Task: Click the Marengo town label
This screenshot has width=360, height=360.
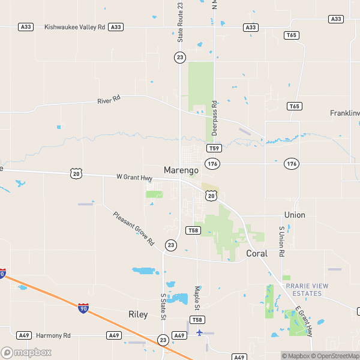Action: [x=181, y=170]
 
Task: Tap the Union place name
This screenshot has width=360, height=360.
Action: [x=295, y=215]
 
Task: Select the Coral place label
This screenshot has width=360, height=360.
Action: [x=257, y=253]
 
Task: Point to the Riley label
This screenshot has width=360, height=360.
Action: [x=138, y=314]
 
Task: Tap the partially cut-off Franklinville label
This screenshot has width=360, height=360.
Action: [x=344, y=113]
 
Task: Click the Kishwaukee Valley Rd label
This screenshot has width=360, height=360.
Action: [x=70, y=27]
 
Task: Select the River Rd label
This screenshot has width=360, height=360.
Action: [x=109, y=100]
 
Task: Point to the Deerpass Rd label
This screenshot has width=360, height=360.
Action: [x=214, y=118]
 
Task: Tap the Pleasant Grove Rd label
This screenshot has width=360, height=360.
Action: [x=134, y=229]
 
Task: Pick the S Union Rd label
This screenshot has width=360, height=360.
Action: [x=281, y=241]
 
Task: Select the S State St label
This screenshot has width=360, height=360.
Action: [x=162, y=307]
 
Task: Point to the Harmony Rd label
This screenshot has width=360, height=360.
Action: [x=53, y=335]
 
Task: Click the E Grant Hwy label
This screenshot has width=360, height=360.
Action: [x=304, y=321]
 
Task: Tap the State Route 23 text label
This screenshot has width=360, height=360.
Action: [x=180, y=22]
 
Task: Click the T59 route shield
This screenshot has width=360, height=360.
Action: [x=214, y=148]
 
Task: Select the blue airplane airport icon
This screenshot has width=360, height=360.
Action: [x=200, y=332]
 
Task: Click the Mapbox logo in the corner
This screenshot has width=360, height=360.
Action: [x=26, y=352]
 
